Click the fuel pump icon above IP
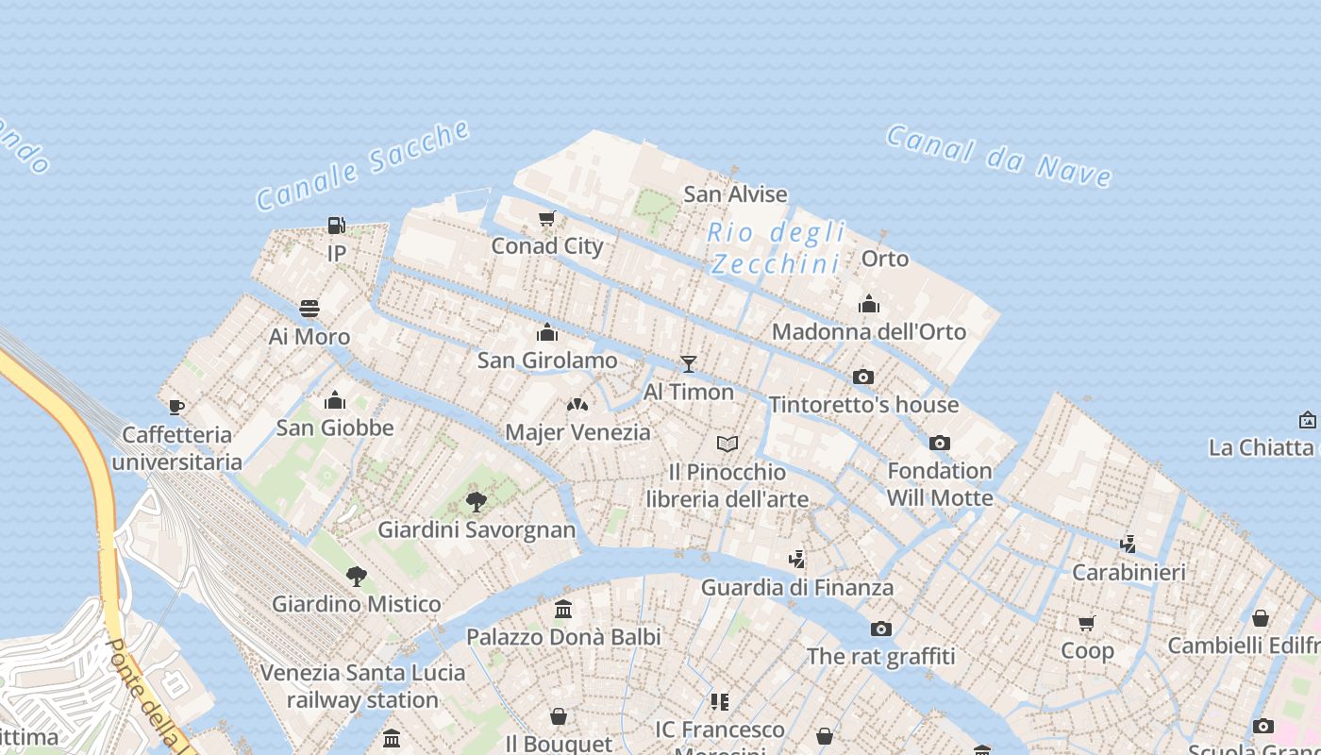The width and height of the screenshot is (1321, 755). (336, 226)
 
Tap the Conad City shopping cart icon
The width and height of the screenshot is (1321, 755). (546, 219)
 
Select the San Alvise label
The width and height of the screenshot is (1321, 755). (735, 194)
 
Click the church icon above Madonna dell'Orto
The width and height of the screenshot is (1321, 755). (869, 304)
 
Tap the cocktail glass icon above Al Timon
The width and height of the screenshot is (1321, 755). (689, 364)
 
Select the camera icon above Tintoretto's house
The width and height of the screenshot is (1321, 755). (862, 377)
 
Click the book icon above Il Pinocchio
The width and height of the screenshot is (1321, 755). (727, 444)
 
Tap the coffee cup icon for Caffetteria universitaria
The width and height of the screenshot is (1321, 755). (176, 407)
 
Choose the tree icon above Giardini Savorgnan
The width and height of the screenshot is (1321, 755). (477, 501)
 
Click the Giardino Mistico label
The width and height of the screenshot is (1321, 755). (357, 604)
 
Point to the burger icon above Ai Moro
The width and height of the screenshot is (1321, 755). (309, 309)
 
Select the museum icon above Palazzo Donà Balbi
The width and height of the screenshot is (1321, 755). (563, 610)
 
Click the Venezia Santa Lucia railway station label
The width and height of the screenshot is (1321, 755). (362, 686)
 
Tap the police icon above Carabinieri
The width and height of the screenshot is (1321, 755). (1128, 544)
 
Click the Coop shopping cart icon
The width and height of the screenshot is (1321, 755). (1086, 623)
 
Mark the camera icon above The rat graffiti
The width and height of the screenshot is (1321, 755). (880, 629)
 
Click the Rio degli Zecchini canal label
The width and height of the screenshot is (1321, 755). (776, 247)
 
